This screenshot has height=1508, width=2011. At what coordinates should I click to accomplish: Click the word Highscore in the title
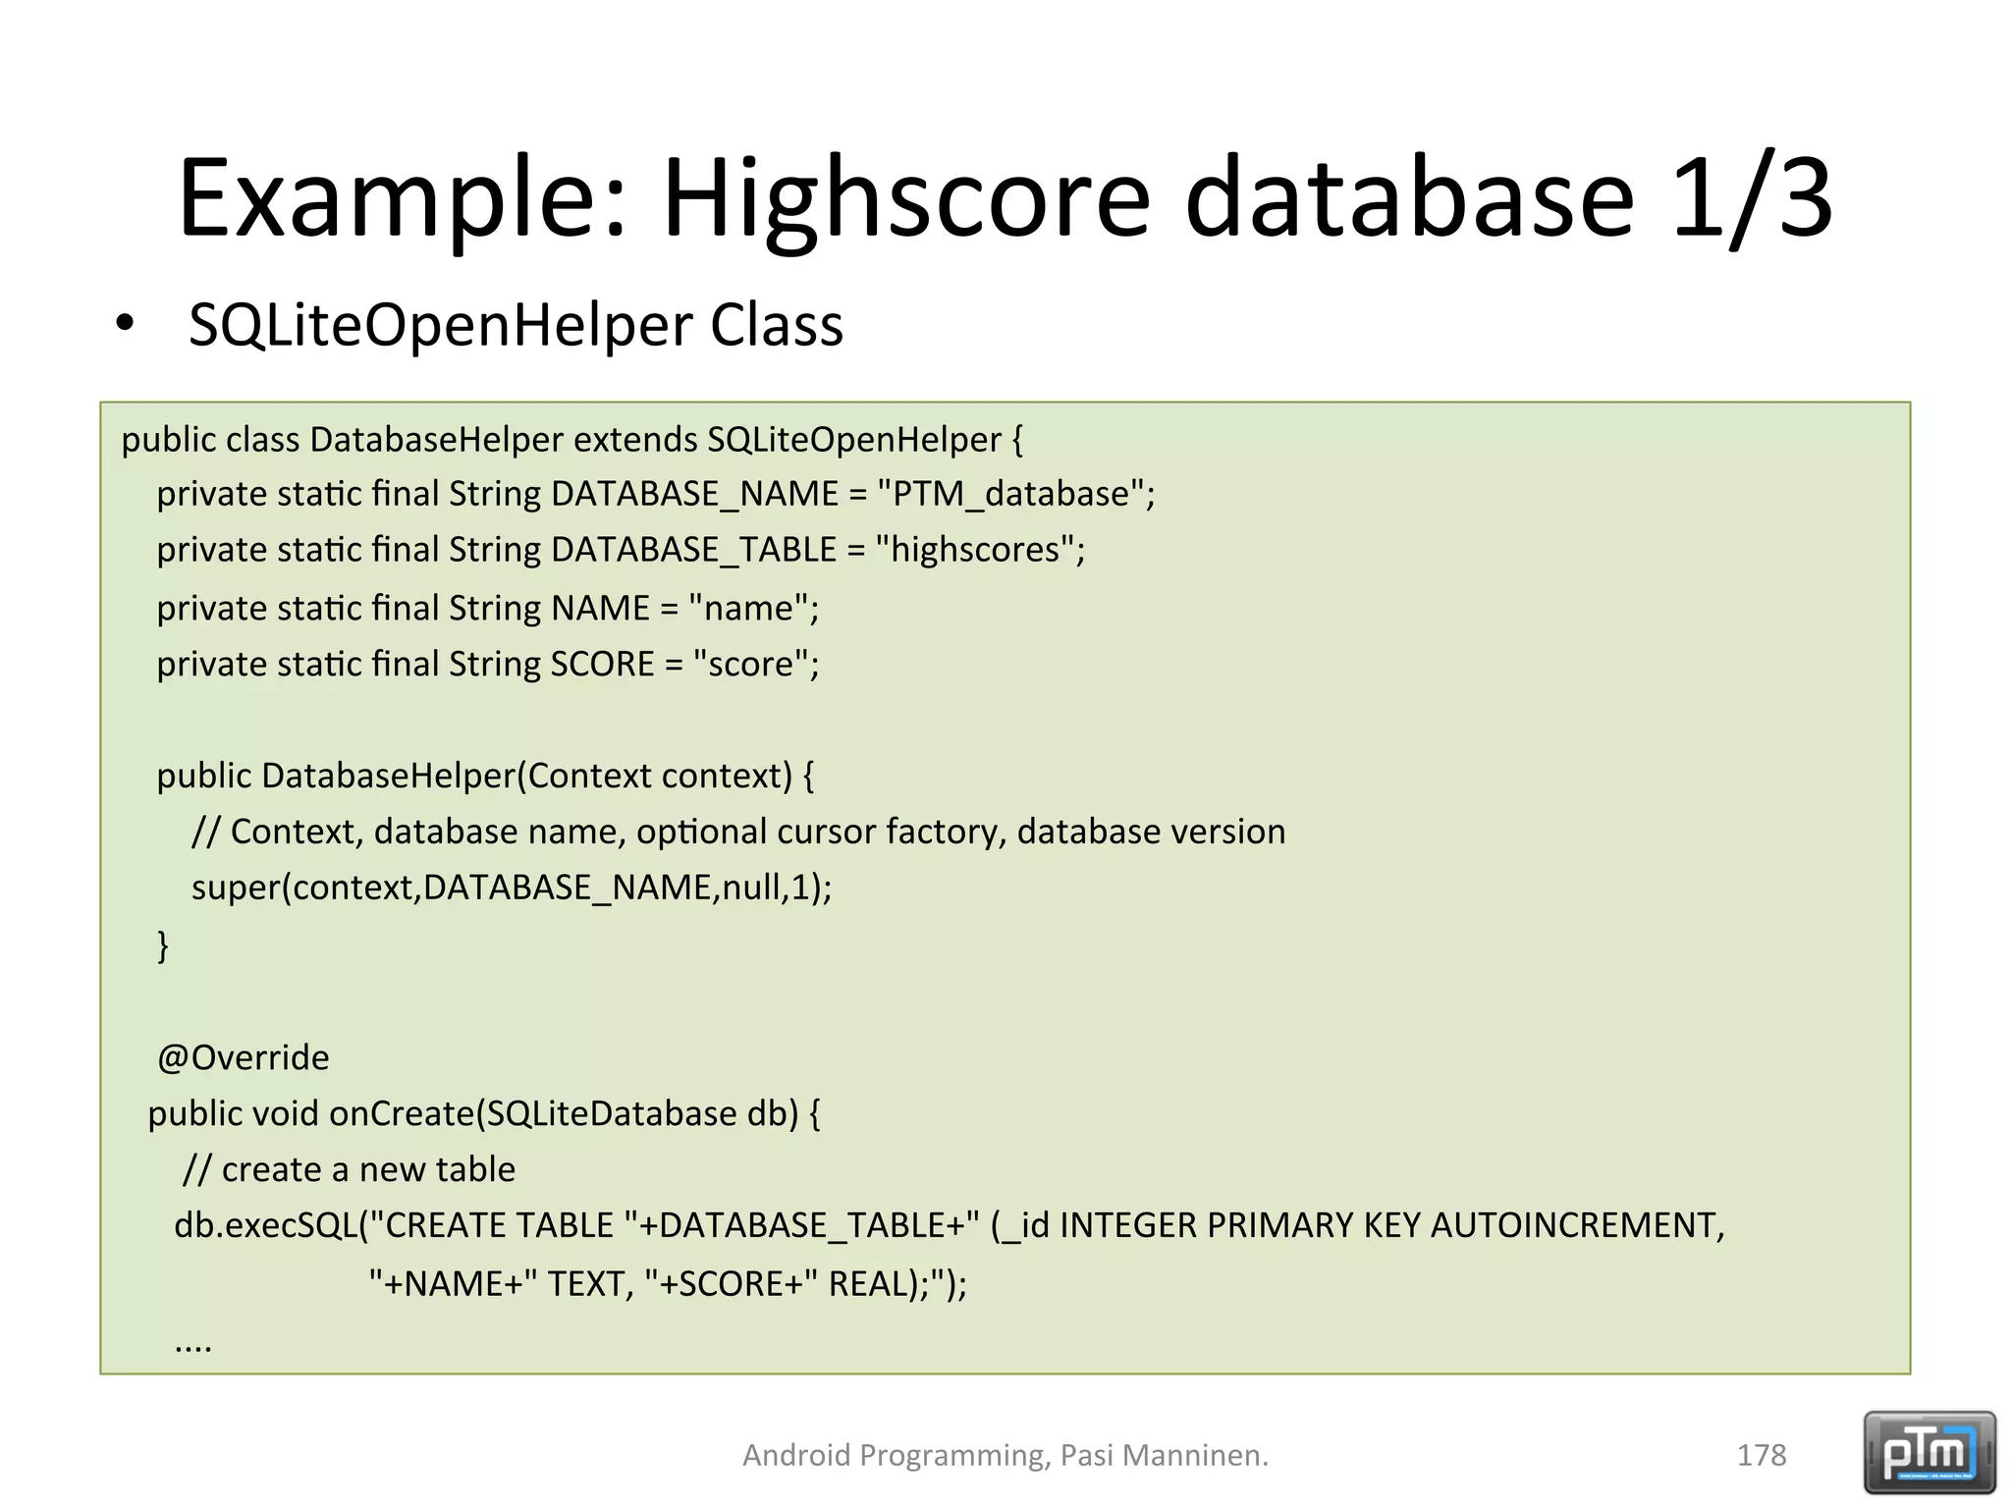pyautogui.click(x=905, y=198)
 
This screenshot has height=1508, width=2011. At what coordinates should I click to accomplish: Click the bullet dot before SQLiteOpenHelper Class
pyautogui.click(x=124, y=323)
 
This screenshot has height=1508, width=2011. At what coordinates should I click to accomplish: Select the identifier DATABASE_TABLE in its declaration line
pyautogui.click(x=693, y=550)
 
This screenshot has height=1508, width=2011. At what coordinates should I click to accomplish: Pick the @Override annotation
pyautogui.click(x=243, y=1057)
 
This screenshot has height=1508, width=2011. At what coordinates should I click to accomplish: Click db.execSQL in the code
pyautogui.click(x=265, y=1225)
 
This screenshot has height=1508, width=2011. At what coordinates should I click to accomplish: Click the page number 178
pyautogui.click(x=1761, y=1455)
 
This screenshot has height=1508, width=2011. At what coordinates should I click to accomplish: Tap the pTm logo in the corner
pyautogui.click(x=1929, y=1453)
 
